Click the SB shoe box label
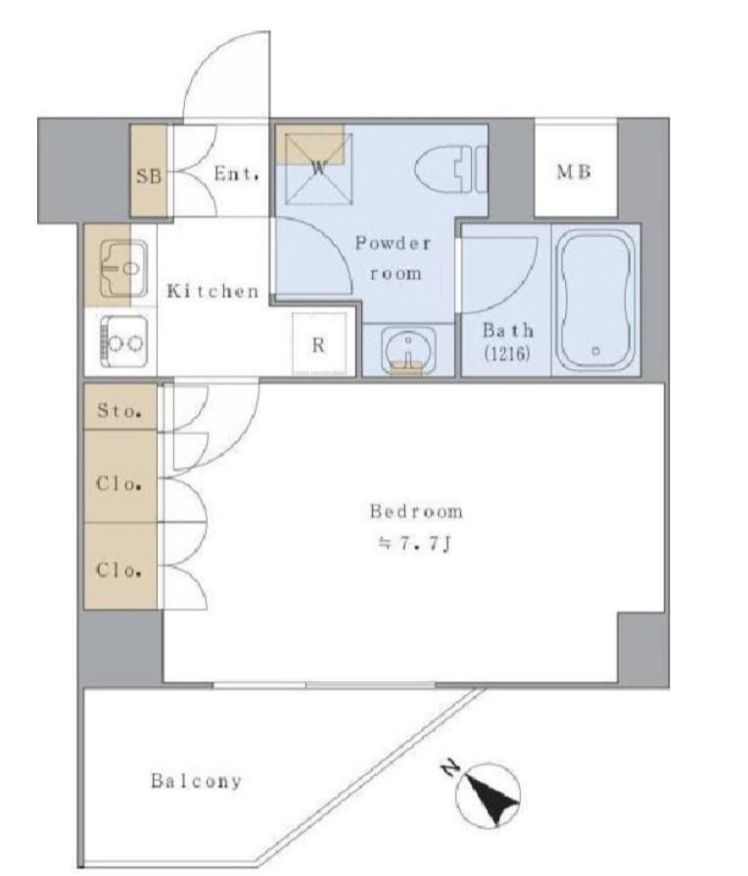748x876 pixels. click(149, 176)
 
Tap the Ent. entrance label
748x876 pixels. click(237, 174)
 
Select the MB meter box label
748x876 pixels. click(574, 172)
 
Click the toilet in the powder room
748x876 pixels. click(451, 168)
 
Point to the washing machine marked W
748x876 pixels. click(318, 168)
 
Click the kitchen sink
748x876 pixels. click(123, 269)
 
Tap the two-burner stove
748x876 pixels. click(123, 342)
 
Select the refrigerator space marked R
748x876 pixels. click(318, 345)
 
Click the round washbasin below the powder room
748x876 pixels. click(408, 350)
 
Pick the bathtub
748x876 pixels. click(596, 301)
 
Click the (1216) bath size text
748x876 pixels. click(507, 353)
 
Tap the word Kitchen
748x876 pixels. click(212, 291)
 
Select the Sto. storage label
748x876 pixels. click(119, 411)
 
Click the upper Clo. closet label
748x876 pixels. click(118, 483)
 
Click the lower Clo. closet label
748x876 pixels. click(118, 570)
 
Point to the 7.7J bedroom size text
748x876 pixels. click(415, 544)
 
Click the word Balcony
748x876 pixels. click(196, 780)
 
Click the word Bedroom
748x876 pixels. click(416, 512)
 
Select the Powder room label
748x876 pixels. click(394, 258)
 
